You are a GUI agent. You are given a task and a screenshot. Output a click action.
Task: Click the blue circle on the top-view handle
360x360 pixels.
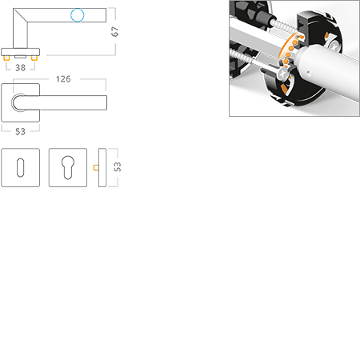77,14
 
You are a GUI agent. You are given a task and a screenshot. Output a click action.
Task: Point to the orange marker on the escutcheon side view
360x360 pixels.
94,167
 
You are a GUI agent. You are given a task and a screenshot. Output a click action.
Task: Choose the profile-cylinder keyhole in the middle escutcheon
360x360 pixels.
67,166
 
